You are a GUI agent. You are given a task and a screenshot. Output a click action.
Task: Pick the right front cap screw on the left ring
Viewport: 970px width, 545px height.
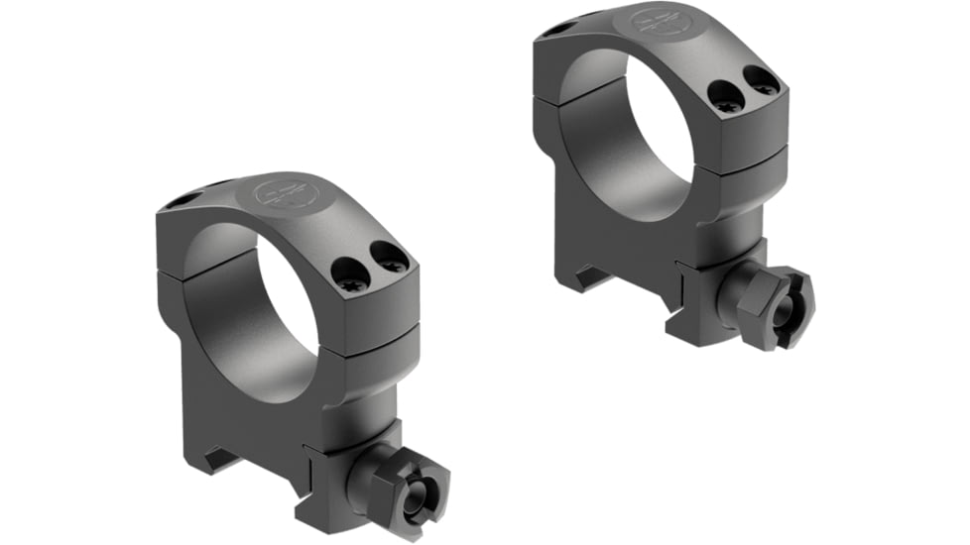(390, 260)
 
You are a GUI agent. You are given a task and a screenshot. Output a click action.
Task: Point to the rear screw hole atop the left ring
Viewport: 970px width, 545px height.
(180, 202)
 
